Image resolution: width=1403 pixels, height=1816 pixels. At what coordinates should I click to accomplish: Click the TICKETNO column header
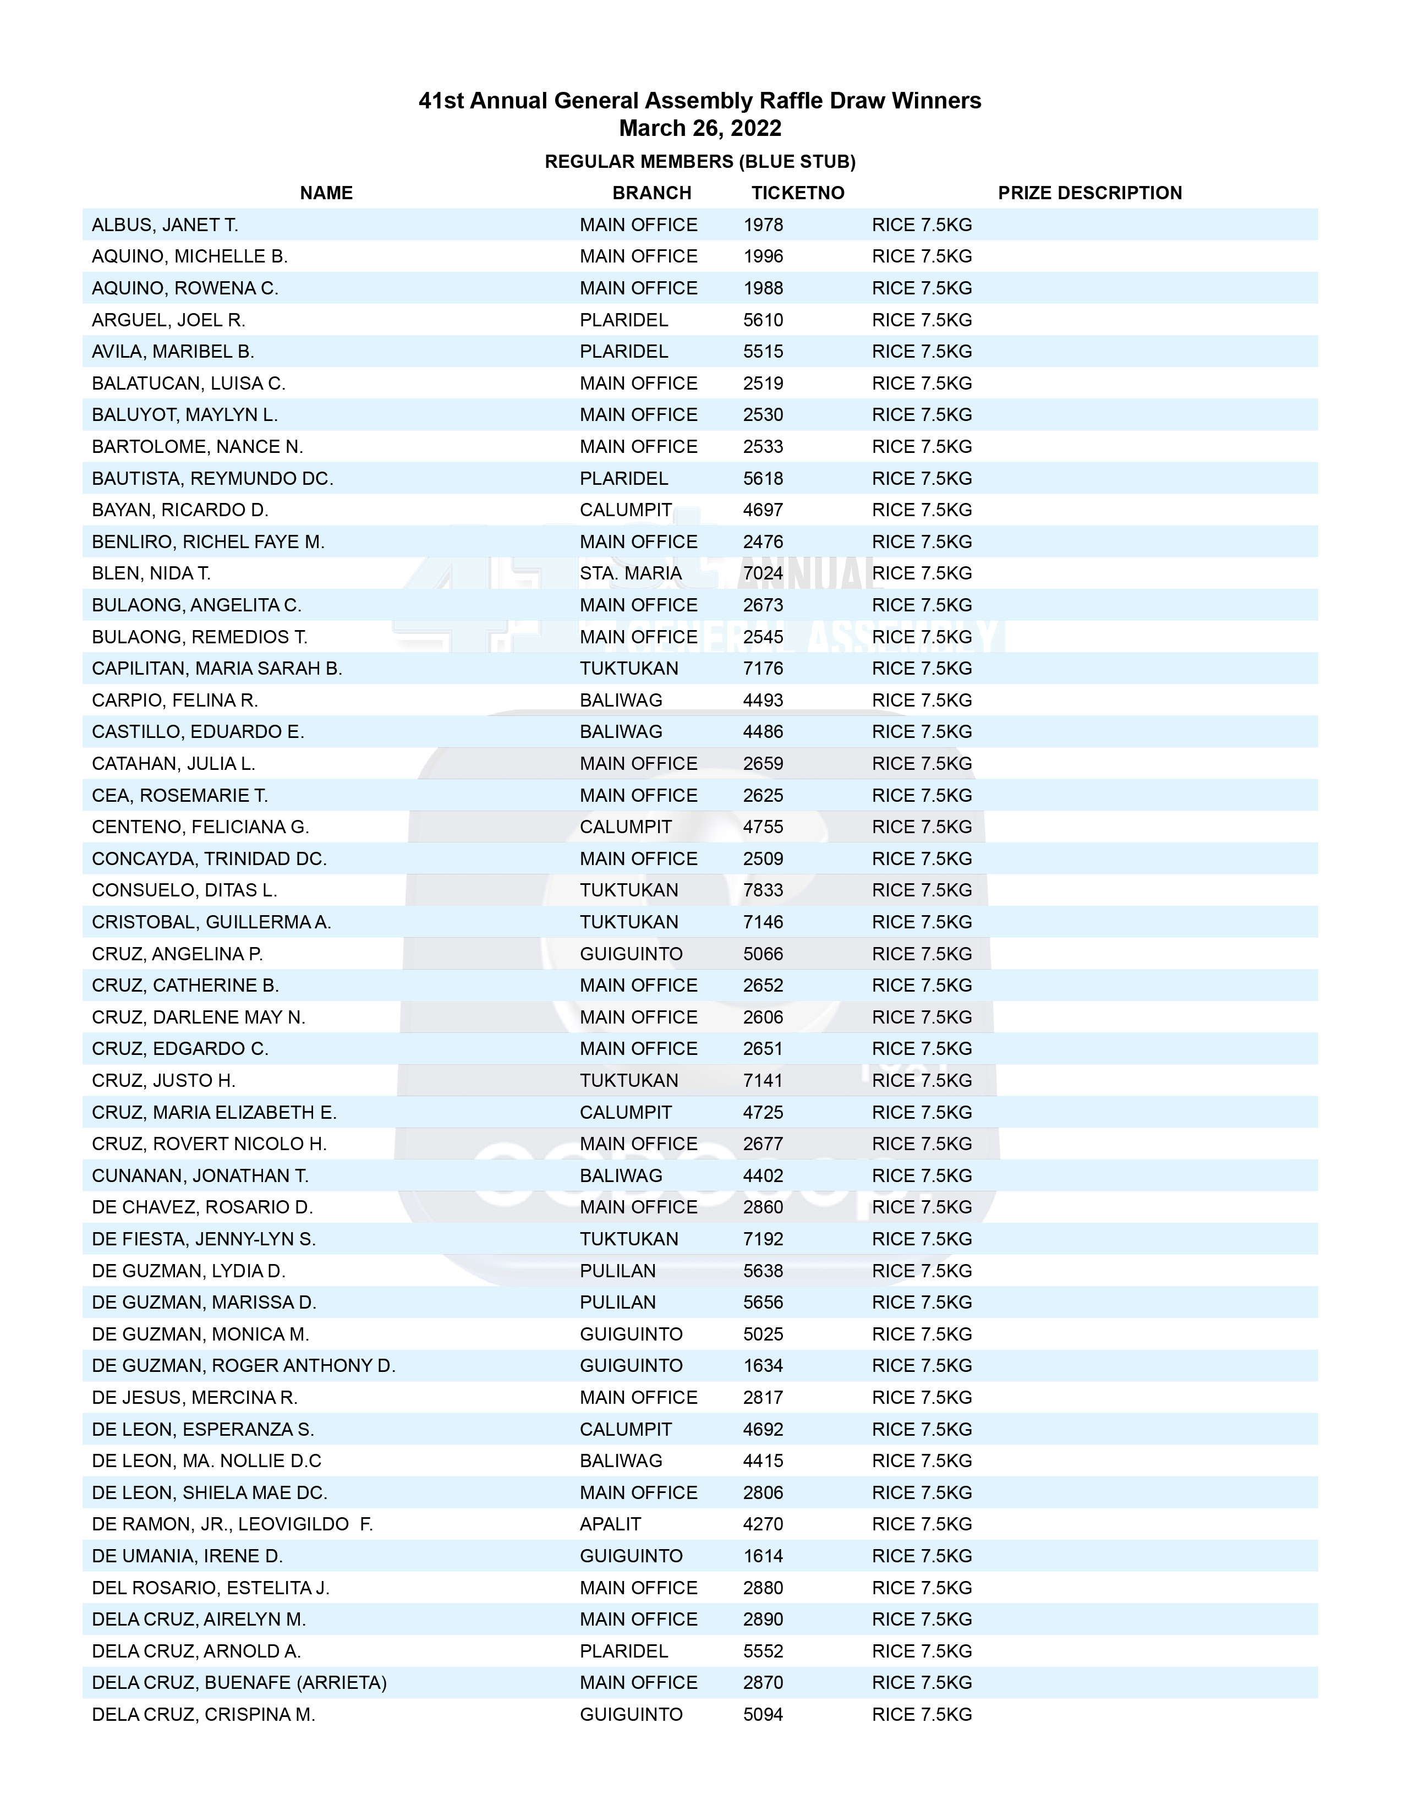797,193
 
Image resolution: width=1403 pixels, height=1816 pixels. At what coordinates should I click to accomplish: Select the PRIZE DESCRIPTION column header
1089,193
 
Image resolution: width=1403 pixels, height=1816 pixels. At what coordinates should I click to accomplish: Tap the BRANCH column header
651,193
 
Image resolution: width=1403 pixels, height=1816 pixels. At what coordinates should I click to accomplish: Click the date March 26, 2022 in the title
700,128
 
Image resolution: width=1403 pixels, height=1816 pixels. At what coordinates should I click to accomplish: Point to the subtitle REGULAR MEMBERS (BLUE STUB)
700,161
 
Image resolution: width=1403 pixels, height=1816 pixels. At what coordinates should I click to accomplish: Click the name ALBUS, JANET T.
165,225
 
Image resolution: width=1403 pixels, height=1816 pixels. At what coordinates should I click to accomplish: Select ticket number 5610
763,320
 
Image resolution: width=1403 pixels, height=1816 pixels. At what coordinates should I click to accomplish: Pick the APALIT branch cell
610,1524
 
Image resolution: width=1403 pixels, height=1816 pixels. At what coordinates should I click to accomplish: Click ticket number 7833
763,890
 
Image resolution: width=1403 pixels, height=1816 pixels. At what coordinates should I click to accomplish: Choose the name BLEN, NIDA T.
151,573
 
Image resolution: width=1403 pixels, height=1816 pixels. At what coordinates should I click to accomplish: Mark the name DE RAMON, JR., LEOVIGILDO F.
232,1524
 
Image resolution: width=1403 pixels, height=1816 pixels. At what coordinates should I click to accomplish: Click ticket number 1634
763,1365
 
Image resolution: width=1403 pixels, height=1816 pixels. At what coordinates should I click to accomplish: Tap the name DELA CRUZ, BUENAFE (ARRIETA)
239,1682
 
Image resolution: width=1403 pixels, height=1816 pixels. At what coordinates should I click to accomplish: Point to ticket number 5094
763,1715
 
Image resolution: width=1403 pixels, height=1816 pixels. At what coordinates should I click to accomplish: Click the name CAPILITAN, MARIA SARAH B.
216,669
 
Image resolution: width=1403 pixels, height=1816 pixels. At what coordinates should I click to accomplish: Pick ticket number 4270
763,1524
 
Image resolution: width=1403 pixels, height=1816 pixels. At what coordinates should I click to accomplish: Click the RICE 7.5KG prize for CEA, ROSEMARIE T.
922,795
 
